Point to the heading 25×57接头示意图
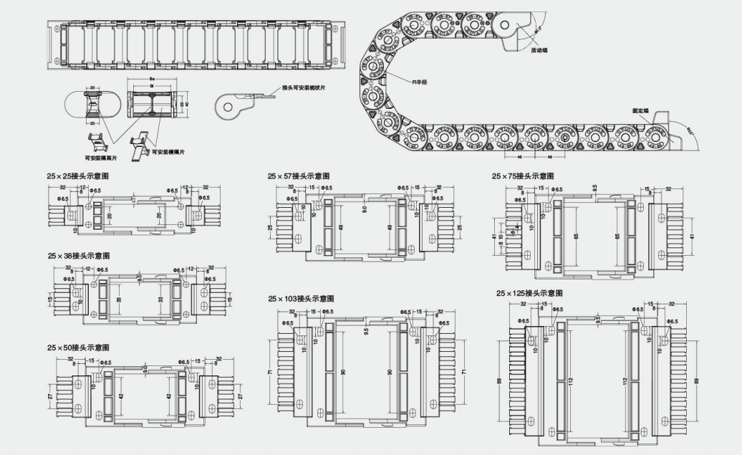299,176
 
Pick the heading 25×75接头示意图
523,176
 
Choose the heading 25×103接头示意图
302,298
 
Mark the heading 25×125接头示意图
529,294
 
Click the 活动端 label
539,52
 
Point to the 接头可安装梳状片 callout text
304,87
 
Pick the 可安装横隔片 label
169,152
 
